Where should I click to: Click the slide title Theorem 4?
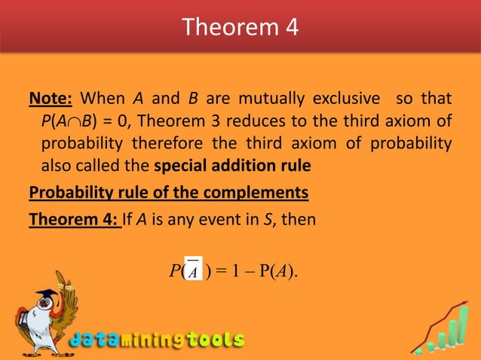click(x=240, y=27)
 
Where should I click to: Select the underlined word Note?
click(x=51, y=99)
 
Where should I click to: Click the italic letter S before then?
click(x=273, y=221)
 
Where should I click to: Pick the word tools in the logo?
click(x=213, y=340)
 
